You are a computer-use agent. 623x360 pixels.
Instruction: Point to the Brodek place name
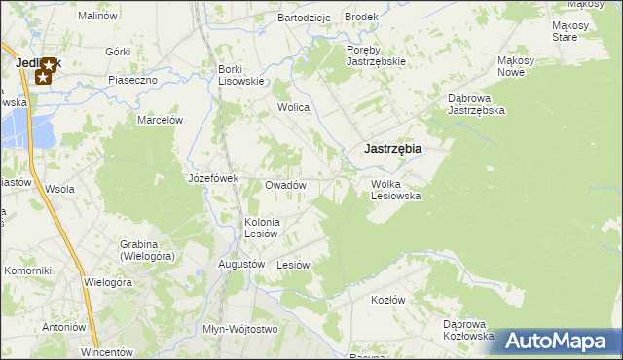(x=361, y=18)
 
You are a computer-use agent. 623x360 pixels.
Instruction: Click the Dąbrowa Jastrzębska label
(x=475, y=104)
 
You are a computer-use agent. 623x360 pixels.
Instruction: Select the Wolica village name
(x=293, y=107)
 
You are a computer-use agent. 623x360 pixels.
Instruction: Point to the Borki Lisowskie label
(x=240, y=75)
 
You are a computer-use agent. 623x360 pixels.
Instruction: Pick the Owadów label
(x=285, y=185)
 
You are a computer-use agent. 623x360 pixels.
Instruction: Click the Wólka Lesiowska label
(x=395, y=189)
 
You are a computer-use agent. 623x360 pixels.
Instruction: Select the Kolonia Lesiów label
(x=262, y=228)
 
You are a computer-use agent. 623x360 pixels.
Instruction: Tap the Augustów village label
(x=241, y=264)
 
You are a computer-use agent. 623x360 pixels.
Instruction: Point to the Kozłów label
(x=387, y=300)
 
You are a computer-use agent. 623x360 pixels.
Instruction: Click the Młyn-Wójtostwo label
(x=239, y=329)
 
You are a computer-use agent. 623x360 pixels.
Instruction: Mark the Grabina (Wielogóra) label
(x=147, y=250)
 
